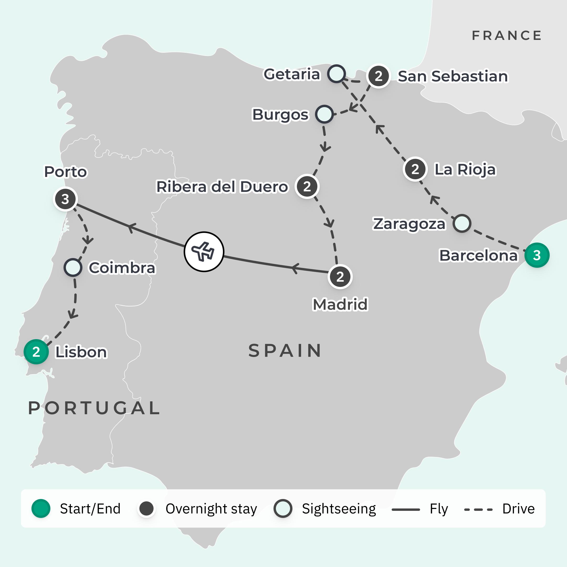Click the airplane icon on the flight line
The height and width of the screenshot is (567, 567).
pyautogui.click(x=204, y=251)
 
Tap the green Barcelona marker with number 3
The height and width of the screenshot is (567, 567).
pyautogui.click(x=537, y=255)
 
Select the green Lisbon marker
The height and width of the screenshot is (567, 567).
pyautogui.click(x=36, y=351)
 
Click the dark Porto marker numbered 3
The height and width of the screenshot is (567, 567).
pyautogui.click(x=65, y=199)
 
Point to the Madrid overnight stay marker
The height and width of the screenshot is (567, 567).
pyautogui.click(x=340, y=276)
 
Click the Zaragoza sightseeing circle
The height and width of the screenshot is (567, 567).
pyautogui.click(x=462, y=223)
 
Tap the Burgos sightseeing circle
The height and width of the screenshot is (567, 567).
pyautogui.click(x=324, y=114)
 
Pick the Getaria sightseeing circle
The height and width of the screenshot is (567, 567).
pyautogui.click(x=336, y=74)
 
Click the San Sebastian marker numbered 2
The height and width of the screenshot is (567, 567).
pyautogui.click(x=378, y=76)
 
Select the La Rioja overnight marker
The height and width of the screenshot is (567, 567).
pyautogui.click(x=415, y=169)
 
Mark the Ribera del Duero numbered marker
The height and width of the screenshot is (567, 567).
pyautogui.click(x=307, y=186)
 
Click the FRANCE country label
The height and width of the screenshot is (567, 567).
pyautogui.click(x=507, y=35)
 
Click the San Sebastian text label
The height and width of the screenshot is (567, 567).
pyautogui.click(x=453, y=76)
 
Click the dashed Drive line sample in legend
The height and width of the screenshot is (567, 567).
pyautogui.click(x=478, y=510)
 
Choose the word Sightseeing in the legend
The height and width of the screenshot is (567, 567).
pyautogui.click(x=339, y=509)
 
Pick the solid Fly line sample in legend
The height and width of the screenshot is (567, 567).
pyautogui.click(x=406, y=510)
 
